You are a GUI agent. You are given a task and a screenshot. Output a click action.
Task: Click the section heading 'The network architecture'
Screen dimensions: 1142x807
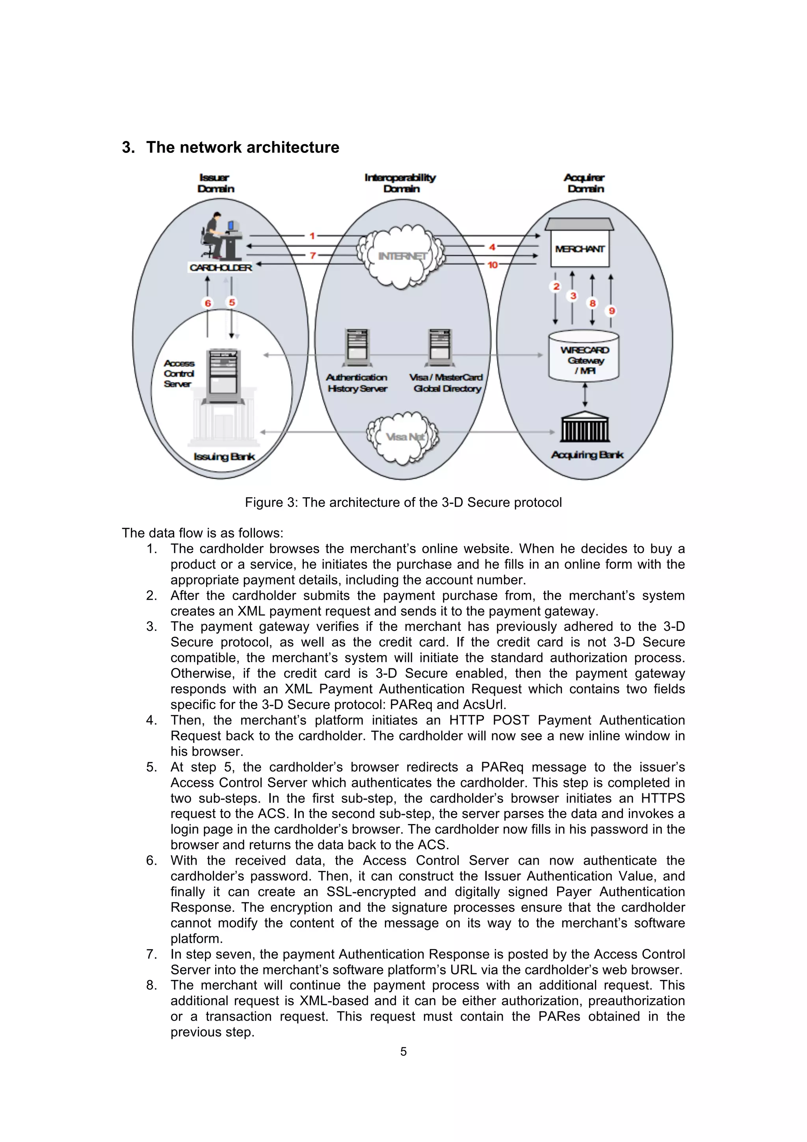pos(243,147)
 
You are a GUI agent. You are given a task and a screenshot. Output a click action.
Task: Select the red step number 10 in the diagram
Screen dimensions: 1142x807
pos(492,265)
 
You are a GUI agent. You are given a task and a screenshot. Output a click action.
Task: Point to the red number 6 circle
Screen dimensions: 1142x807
pos(208,303)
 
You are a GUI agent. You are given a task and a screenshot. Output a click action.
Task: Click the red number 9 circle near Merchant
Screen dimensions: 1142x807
pos(612,311)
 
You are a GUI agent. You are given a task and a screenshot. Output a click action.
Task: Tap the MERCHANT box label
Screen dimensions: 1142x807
pos(580,249)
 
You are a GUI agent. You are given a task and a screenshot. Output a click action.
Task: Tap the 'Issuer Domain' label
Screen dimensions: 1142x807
pos(215,183)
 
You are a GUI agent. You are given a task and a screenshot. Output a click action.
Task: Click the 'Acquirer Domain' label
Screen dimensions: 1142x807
pos(585,183)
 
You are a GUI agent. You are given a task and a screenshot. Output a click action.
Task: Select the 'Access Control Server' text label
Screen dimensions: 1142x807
pos(179,374)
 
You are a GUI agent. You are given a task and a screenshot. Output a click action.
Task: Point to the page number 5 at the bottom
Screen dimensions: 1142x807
pos(403,1051)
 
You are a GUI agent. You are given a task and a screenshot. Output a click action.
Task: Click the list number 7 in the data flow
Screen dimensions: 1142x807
pos(151,954)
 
